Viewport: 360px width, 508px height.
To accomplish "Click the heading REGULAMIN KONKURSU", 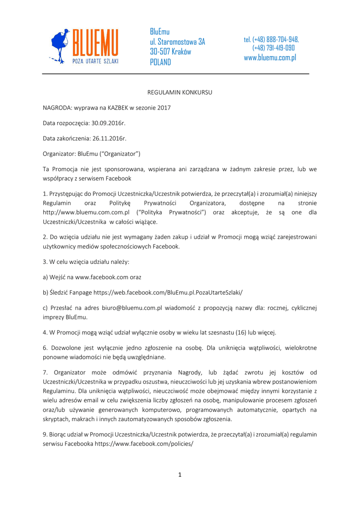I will click(180, 92).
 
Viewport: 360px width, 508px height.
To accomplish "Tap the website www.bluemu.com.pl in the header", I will click(270, 58).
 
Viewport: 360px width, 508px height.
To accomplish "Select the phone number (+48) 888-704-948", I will click(271, 39).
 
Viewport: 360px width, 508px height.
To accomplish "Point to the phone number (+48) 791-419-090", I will click(273, 48).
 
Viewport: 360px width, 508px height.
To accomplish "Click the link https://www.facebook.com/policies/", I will click(144, 444).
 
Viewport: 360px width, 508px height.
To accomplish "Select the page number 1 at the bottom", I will click(180, 475).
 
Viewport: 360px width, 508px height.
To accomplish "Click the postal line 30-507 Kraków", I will click(170, 52).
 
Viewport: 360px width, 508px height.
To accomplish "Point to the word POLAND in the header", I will click(160, 62).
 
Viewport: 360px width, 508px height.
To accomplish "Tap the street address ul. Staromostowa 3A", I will click(177, 42).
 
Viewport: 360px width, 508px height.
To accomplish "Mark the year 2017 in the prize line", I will click(163, 108).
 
